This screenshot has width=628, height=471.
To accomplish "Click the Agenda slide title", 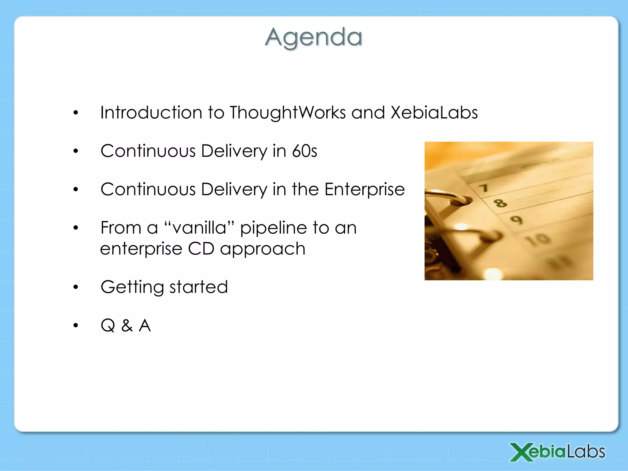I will pyautogui.click(x=313, y=37).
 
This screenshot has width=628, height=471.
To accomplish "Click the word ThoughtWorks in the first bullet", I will pyautogui.click(x=288, y=113).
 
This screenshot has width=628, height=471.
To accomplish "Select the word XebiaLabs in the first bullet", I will pyautogui.click(x=434, y=113).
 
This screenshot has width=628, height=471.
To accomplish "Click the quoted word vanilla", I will pyautogui.click(x=199, y=228).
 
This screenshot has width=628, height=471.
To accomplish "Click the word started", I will pyautogui.click(x=199, y=287).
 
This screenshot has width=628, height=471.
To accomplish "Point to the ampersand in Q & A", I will pyautogui.click(x=127, y=325).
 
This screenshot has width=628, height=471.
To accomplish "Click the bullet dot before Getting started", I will pyautogui.click(x=76, y=287).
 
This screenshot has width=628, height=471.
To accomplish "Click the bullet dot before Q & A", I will pyautogui.click(x=76, y=325).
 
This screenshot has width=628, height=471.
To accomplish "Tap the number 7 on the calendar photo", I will pyautogui.click(x=484, y=188).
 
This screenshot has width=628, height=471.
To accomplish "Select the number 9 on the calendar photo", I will pyautogui.click(x=516, y=220).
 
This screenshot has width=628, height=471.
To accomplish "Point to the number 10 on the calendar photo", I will pyautogui.click(x=538, y=239).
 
